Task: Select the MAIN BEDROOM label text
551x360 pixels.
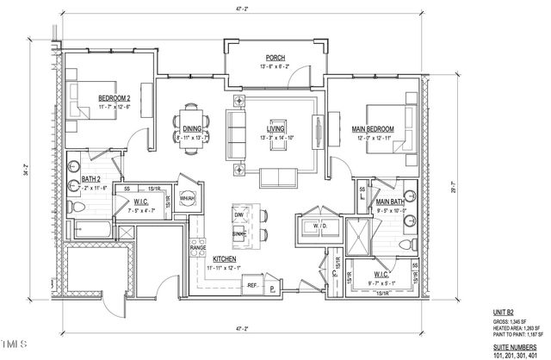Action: [x=374, y=128]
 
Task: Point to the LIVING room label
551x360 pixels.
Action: [x=275, y=128]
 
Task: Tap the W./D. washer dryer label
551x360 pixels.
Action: [x=306, y=227]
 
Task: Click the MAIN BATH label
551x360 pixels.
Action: [x=392, y=202]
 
